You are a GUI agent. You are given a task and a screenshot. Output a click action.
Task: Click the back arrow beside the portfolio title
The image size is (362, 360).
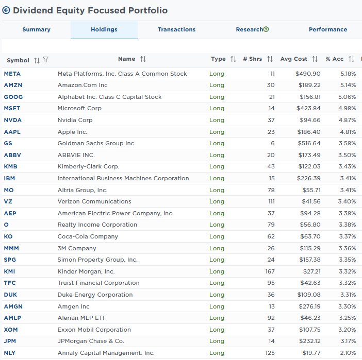coord(6,10)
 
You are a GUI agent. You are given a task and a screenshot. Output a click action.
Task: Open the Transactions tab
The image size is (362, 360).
coord(176,29)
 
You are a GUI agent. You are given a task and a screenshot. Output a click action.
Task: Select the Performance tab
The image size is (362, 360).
coord(327,29)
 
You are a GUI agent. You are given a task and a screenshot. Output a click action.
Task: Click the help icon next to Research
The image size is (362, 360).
coord(266,29)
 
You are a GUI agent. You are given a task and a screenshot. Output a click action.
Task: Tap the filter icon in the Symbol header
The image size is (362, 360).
coord(46,60)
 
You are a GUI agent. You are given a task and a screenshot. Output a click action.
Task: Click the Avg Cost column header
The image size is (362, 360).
coord(294,59)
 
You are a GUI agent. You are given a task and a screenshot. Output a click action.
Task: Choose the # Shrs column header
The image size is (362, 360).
coord(253,59)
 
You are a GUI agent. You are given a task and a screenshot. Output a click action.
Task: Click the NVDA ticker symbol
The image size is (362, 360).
coord(12,120)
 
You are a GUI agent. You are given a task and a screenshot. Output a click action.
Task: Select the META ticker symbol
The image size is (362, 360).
coord(12,74)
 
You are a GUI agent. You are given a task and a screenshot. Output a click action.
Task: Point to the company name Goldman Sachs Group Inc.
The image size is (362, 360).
coord(96,143)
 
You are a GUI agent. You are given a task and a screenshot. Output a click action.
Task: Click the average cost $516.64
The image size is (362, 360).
coord(308,143)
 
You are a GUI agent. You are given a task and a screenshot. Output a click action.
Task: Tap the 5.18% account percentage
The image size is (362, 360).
coord(348,74)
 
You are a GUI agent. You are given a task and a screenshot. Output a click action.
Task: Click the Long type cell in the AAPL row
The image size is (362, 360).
coord(217,132)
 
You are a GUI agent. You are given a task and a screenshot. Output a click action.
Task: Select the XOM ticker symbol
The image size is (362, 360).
coord(11,330)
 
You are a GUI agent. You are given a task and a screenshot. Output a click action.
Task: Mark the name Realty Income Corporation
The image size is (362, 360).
coord(97,225)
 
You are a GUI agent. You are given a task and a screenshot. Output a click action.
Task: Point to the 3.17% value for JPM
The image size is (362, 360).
coord(348,341)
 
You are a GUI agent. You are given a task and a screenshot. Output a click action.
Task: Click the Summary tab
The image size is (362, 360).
coord(36,29)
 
